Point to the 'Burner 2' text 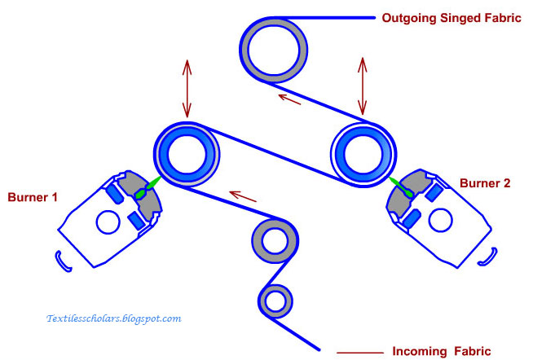coord(484,184)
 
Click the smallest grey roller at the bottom coord(276,301)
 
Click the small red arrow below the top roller coord(290,99)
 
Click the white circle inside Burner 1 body coord(107,222)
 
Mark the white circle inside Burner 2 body coord(440,217)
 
